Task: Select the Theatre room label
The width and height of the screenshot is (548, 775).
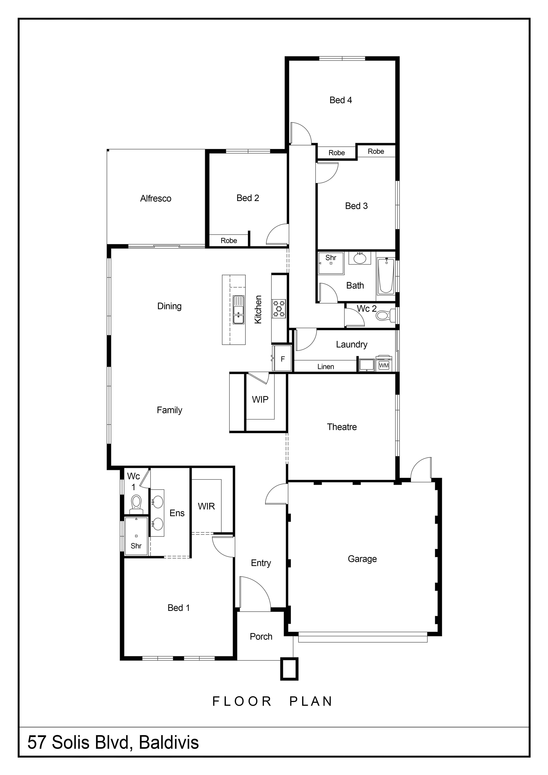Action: tap(342, 427)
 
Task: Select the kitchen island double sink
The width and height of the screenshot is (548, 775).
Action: tap(239, 310)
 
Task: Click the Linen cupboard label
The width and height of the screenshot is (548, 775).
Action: tap(326, 367)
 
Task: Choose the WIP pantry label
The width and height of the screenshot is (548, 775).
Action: tap(260, 400)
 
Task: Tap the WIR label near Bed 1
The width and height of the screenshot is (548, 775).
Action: tap(206, 506)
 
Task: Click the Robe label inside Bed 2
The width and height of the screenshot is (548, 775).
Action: tap(229, 241)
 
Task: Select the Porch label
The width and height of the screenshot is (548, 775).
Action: tap(261, 637)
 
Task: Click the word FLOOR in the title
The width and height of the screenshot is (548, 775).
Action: tap(242, 701)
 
